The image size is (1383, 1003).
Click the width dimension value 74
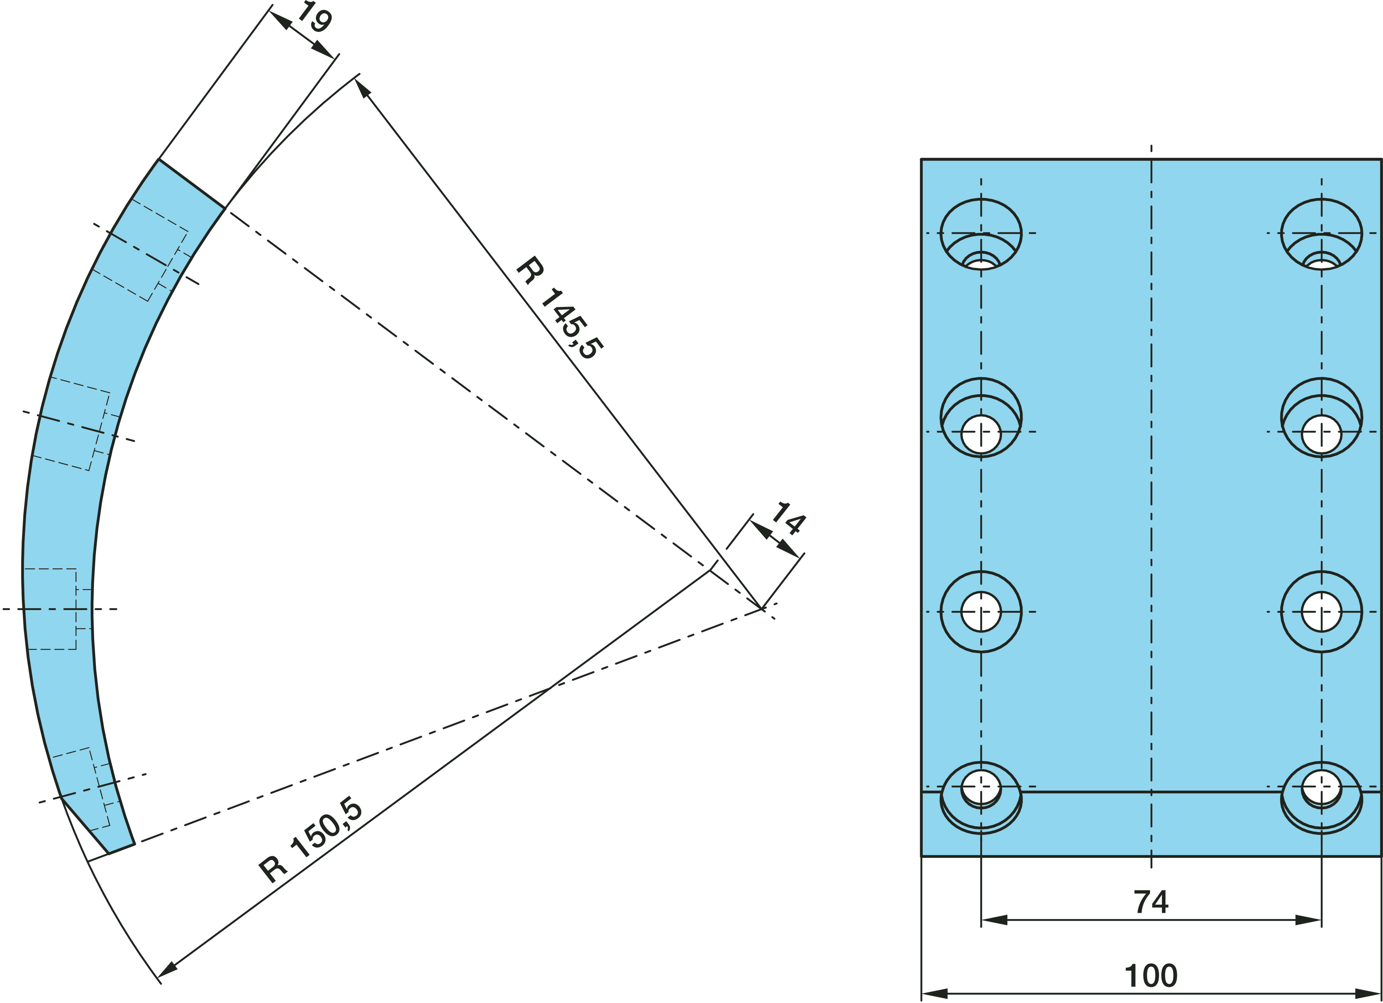point(1151,902)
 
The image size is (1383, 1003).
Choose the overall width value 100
point(1151,976)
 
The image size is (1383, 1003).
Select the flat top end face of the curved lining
point(191,184)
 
